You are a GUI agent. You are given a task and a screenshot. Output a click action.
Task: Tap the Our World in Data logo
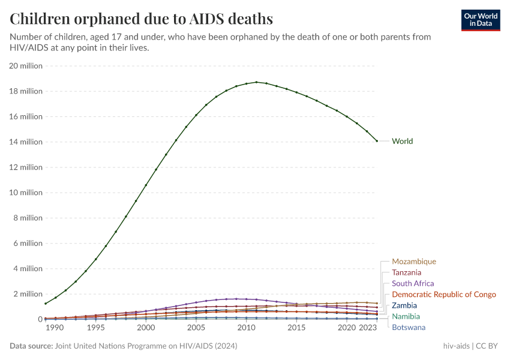coord(481,20)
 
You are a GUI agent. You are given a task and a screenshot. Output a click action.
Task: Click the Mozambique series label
coord(414,262)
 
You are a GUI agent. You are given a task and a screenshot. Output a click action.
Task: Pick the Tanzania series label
coord(407,272)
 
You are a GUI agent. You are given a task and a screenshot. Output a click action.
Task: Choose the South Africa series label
coord(413,283)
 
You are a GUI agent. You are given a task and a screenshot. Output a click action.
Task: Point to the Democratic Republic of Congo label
coord(444,295)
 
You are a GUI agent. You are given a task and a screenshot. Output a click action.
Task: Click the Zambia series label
coord(404,305)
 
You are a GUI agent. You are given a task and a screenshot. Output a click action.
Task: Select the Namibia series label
coord(406,316)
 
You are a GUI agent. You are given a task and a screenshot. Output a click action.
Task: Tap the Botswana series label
coord(409,327)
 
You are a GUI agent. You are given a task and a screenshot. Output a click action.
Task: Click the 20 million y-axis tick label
coord(25,66)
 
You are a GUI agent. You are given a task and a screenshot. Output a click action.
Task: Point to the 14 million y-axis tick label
coord(25,142)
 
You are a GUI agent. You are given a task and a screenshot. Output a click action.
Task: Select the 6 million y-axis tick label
coord(28,244)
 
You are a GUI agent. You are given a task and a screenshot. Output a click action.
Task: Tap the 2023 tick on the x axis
coord(367,328)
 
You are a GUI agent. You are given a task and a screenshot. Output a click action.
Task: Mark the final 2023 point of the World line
coord(377,141)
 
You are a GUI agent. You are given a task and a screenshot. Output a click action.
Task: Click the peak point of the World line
coord(256,82)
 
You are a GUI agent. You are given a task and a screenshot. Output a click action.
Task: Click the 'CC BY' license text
coord(488,346)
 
